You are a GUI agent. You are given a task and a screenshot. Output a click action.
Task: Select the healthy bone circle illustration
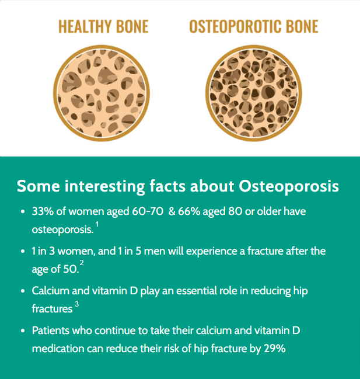[x=102, y=93]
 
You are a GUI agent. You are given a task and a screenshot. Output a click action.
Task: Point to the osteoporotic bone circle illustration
[x=254, y=93]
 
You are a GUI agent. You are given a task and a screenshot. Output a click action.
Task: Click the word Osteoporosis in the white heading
[x=289, y=187]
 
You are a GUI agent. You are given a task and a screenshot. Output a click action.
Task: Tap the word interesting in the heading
[x=104, y=187]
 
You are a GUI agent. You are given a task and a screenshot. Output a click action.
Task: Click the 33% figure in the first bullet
[x=43, y=211]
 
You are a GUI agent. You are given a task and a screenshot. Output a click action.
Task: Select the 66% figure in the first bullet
[x=189, y=211]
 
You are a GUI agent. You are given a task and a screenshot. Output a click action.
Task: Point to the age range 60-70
[x=148, y=211]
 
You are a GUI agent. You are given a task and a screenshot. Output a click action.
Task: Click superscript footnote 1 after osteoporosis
[x=97, y=225]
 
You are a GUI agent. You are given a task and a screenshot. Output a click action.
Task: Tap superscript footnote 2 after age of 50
[x=82, y=263]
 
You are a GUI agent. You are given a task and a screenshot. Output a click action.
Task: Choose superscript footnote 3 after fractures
[x=76, y=304]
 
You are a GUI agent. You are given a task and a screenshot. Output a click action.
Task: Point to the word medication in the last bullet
[x=58, y=349]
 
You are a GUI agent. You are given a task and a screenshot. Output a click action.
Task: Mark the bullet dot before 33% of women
[x=23, y=212]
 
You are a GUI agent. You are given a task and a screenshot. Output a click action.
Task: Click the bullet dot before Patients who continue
[x=23, y=331]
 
